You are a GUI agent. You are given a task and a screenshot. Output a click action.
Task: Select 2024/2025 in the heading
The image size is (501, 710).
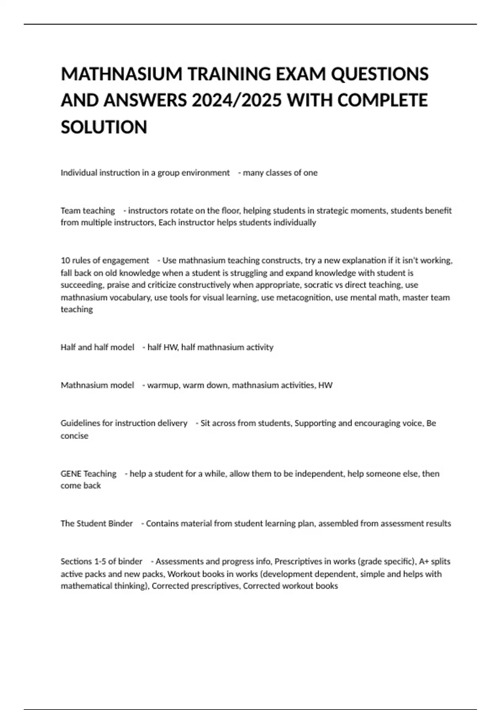click(x=236, y=101)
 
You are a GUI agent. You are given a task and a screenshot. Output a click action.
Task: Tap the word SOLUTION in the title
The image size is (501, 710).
click(x=104, y=127)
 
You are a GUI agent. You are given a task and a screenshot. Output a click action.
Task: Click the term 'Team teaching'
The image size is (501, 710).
click(x=88, y=210)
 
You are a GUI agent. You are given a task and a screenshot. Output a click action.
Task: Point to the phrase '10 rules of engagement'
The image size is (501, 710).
click(x=105, y=261)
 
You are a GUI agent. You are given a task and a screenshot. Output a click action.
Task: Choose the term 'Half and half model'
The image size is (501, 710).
click(x=97, y=347)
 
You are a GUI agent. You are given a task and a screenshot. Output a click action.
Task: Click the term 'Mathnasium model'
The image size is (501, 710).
click(x=97, y=385)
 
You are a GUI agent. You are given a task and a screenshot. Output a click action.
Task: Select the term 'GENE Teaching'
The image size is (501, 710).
click(x=89, y=474)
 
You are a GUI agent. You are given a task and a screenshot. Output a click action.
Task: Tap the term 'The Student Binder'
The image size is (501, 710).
click(x=96, y=523)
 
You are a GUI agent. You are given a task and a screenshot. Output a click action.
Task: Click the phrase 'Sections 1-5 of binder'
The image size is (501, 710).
click(x=101, y=561)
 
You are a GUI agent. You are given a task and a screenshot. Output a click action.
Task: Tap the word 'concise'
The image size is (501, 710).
click(x=74, y=436)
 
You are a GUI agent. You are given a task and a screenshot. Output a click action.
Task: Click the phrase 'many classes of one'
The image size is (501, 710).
click(x=280, y=173)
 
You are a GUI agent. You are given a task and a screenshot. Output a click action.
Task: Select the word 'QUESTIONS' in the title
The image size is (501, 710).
click(x=380, y=74)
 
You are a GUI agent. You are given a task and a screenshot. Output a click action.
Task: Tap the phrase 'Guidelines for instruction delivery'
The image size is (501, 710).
click(x=124, y=423)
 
